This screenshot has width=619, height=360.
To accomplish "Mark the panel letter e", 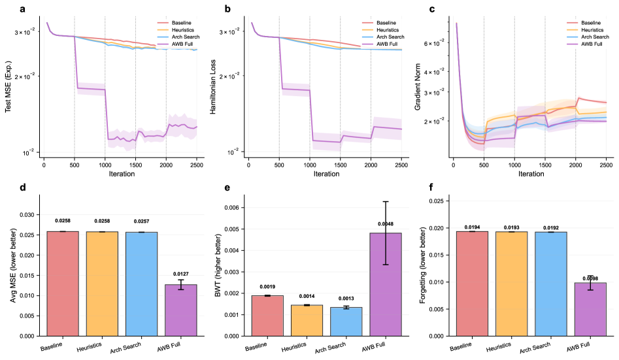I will (x=227, y=189).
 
